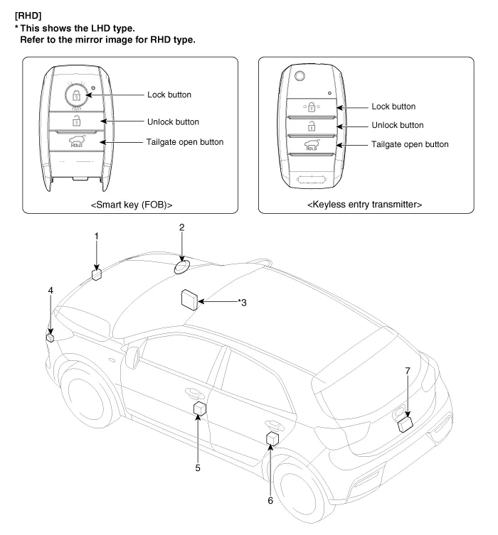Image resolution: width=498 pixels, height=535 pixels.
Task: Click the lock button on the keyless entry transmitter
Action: (310, 107)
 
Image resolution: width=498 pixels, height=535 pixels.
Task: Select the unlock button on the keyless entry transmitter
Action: (310, 125)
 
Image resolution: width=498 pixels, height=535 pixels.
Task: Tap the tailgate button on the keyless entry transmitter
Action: (310, 145)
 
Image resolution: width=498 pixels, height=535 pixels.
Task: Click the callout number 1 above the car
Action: (97, 236)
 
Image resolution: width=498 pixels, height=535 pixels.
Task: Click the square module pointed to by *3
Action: (190, 299)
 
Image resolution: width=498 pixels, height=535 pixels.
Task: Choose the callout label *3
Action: (241, 303)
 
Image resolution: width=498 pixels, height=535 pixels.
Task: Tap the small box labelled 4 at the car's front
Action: (51, 337)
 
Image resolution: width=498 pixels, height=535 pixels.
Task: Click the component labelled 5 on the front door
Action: (200, 409)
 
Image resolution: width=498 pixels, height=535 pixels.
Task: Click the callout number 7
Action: (406, 371)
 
